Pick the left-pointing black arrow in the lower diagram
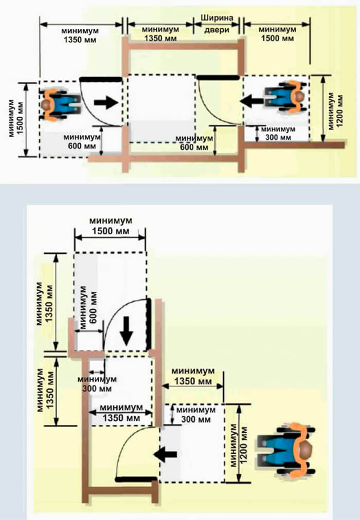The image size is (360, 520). pos(166,454)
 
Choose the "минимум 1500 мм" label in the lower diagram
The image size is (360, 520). pos(110,226)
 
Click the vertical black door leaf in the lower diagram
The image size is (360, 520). pos(149,324)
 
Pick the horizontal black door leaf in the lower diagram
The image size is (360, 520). pos(137,479)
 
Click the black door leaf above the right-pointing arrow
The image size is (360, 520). pos(101,79)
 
